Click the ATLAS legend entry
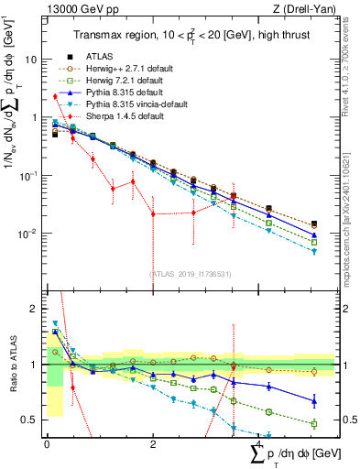click(x=101, y=57)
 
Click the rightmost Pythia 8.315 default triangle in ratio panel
click(x=314, y=400)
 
